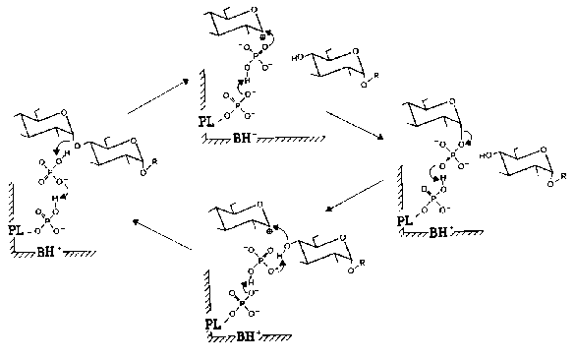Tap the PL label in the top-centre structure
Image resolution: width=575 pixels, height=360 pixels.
(203, 125)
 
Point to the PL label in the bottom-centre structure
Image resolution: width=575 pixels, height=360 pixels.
(213, 323)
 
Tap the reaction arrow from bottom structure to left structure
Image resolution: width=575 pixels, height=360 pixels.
(163, 236)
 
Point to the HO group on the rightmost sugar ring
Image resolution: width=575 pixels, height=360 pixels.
(485, 156)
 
